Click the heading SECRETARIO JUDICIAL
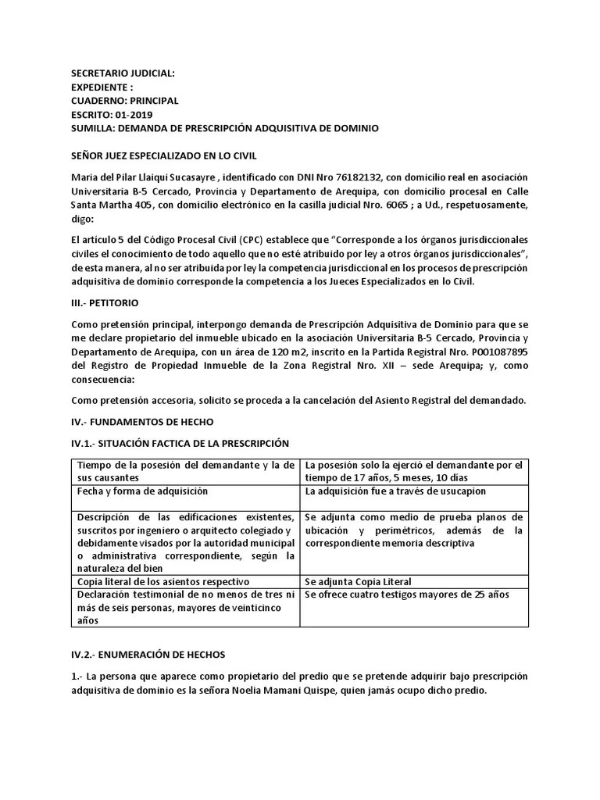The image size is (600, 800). pyautogui.click(x=123, y=73)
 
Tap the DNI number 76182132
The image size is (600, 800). pyautogui.click(x=356, y=177)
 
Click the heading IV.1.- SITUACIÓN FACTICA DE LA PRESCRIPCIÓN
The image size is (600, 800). pyautogui.click(x=180, y=444)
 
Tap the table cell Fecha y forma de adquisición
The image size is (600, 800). pyautogui.click(x=142, y=491)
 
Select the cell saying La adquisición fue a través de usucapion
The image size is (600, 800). pyautogui.click(x=395, y=491)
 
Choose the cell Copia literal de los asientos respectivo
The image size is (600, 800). pyautogui.click(x=163, y=582)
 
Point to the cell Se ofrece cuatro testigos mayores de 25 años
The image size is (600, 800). pyautogui.click(x=406, y=595)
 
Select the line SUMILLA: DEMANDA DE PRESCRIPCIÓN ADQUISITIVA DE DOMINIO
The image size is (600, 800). pyautogui.click(x=225, y=127)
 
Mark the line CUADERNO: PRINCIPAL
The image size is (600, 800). pyautogui.click(x=124, y=101)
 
